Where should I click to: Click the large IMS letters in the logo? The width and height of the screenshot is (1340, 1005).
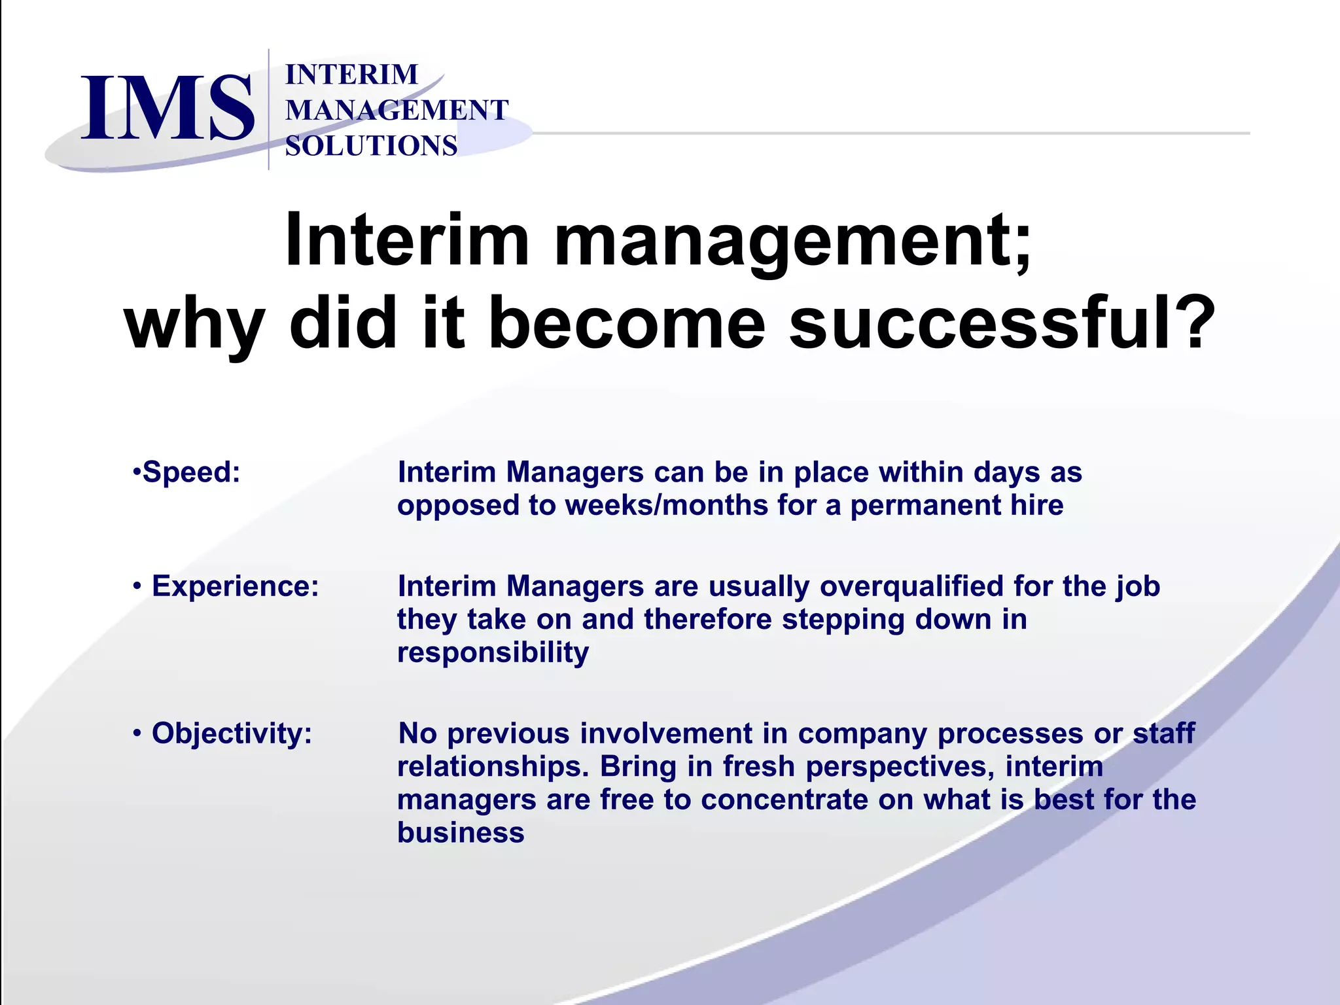pos(167,108)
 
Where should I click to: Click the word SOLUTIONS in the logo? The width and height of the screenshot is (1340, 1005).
pos(371,146)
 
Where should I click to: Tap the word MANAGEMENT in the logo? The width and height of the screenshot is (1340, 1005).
pos(397,110)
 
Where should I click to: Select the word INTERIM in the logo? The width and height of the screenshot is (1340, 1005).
pos(351,75)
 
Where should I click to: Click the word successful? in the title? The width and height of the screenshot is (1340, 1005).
pos(1002,323)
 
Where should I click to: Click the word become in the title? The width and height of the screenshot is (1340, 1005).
pos(626,323)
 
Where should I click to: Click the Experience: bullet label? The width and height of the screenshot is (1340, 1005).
pos(235,586)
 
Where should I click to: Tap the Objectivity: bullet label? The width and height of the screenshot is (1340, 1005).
pos(232,733)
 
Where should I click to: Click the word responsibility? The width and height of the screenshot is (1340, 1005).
pos(493,652)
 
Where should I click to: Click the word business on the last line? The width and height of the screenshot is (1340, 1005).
pos(461,832)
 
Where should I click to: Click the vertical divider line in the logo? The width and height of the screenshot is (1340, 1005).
pos(269,109)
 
